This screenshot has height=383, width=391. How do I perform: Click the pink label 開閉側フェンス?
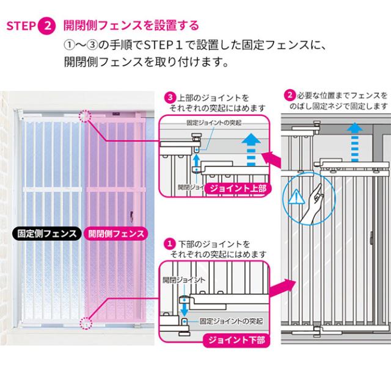116,233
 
